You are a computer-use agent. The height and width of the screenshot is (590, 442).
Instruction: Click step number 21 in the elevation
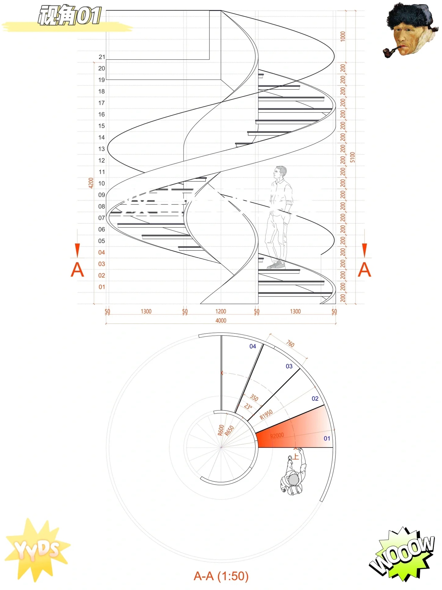tap(102, 57)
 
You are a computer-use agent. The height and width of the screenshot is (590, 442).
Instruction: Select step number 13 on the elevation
tap(102, 149)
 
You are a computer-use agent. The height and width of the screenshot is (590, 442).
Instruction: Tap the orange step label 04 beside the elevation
tap(102, 252)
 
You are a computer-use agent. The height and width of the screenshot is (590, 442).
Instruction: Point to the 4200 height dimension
tap(91, 183)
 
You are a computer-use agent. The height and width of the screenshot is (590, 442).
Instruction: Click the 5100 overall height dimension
tap(352, 157)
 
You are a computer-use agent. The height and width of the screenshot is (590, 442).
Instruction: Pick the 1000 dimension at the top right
tap(343, 36)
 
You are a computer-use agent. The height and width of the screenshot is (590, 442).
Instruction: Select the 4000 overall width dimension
tap(221, 321)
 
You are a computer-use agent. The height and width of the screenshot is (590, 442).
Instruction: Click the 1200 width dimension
tap(221, 311)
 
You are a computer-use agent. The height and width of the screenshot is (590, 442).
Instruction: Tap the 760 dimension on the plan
tap(290, 344)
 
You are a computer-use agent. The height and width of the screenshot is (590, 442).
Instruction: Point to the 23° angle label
tap(248, 407)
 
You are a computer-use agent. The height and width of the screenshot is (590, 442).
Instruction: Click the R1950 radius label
tap(266, 415)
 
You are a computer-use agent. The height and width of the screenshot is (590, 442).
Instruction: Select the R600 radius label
tap(221, 430)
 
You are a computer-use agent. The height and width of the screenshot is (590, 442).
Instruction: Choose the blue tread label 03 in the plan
tap(289, 366)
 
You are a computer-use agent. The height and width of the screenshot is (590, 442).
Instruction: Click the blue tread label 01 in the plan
tap(327, 439)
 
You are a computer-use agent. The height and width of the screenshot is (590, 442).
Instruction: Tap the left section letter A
tap(77, 270)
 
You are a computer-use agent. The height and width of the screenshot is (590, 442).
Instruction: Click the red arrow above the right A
tap(364, 250)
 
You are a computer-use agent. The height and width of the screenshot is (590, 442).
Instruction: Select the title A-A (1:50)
tap(221, 576)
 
